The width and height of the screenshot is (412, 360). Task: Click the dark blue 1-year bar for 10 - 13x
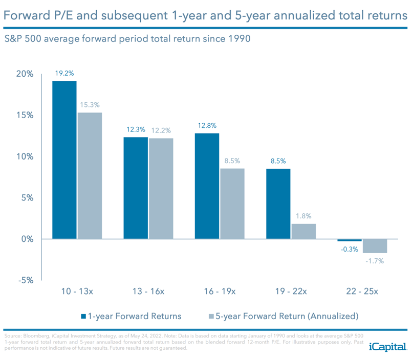pyautogui.click(x=64, y=160)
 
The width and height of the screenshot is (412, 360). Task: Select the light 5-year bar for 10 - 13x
pyautogui.click(x=89, y=175)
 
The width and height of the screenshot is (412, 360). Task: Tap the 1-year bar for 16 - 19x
pyautogui.click(x=207, y=186)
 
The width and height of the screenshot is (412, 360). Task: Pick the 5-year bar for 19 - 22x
pyautogui.click(x=303, y=231)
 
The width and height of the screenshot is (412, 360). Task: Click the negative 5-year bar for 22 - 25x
pyautogui.click(x=375, y=246)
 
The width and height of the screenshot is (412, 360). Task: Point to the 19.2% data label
pyautogui.click(x=64, y=73)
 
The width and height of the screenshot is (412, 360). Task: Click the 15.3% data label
pyautogui.click(x=90, y=105)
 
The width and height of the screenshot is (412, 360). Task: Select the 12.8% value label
pyautogui.click(x=207, y=125)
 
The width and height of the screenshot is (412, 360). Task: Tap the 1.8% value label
pyautogui.click(x=303, y=216)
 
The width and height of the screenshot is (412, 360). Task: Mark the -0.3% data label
pyautogui.click(x=350, y=249)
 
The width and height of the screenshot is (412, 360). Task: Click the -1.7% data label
pyautogui.click(x=375, y=261)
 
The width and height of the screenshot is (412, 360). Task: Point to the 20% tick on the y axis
pyautogui.click(x=24, y=74)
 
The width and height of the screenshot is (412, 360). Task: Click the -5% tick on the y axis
pyautogui.click(x=25, y=280)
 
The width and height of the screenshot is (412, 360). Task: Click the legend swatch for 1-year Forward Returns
pyautogui.click(x=83, y=316)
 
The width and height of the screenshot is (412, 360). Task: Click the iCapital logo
pyautogui.click(x=387, y=347)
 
